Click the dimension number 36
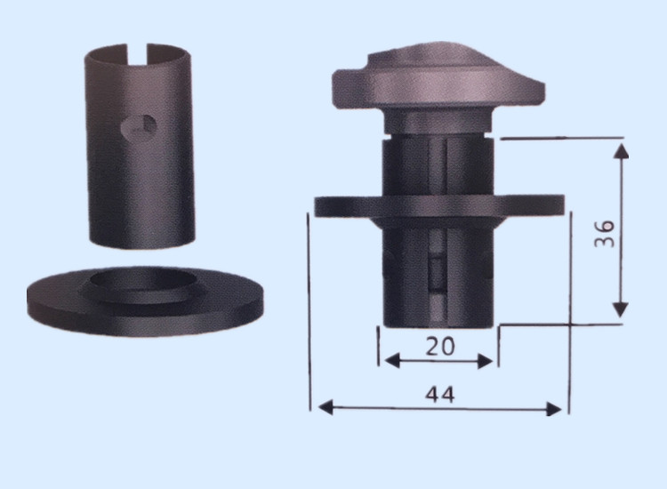[x=605, y=234]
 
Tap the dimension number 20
[x=440, y=346]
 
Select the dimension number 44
[x=440, y=395]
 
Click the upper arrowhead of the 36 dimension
[x=621, y=151]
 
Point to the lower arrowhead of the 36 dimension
[x=621, y=309]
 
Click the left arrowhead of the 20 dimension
[x=392, y=362]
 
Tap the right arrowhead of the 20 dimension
[x=486, y=362]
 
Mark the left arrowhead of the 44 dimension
[x=325, y=407]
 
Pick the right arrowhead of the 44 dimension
[x=554, y=409]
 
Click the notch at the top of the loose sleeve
[x=137, y=53]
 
